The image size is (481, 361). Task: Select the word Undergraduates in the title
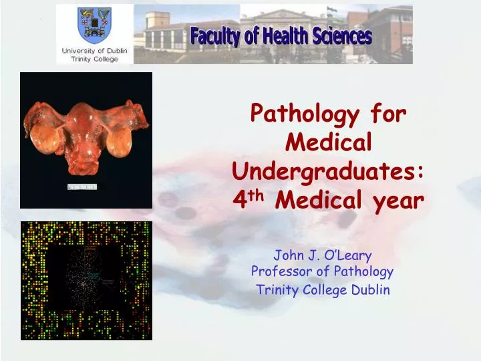pos(329,171)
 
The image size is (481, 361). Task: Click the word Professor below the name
pos(279,271)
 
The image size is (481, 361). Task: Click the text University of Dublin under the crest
pos(94,51)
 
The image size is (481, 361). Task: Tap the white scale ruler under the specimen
pos(82,187)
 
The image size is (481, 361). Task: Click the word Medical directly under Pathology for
pos(328,142)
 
